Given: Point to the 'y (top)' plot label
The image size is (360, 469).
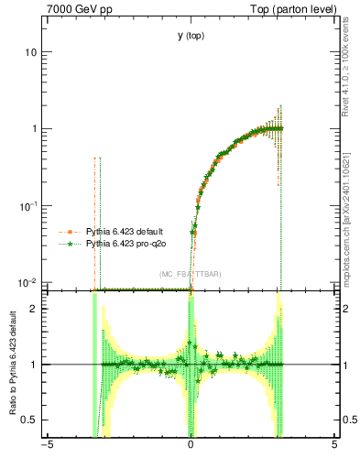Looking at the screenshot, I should coord(191,36).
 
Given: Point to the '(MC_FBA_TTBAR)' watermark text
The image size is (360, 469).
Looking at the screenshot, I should coord(190,274).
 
